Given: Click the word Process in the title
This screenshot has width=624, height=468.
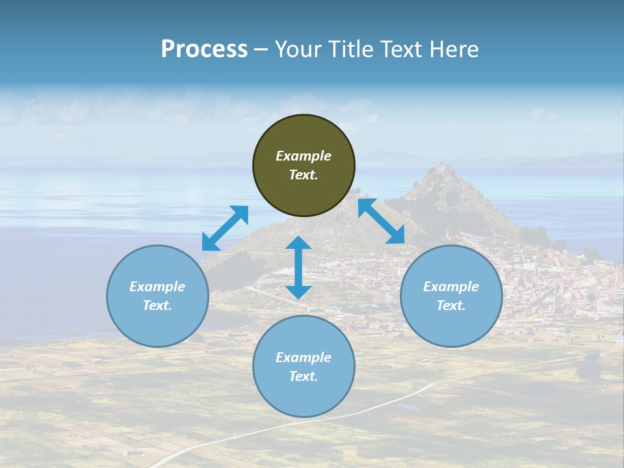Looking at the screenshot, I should (x=204, y=49).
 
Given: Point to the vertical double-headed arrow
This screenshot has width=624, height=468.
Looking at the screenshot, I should (x=298, y=267).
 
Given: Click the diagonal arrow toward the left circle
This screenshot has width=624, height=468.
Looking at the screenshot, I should (x=225, y=228).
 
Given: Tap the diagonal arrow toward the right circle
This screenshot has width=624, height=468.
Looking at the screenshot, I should (x=382, y=220).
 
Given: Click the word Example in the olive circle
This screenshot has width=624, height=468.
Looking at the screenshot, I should (x=304, y=156).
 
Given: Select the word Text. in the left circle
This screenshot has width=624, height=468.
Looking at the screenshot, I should (x=157, y=305).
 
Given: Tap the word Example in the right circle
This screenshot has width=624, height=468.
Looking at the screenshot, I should (x=451, y=287).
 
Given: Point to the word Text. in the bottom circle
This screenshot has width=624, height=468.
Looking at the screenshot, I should (x=304, y=376).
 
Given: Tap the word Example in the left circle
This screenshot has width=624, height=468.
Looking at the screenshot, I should (x=157, y=287).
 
